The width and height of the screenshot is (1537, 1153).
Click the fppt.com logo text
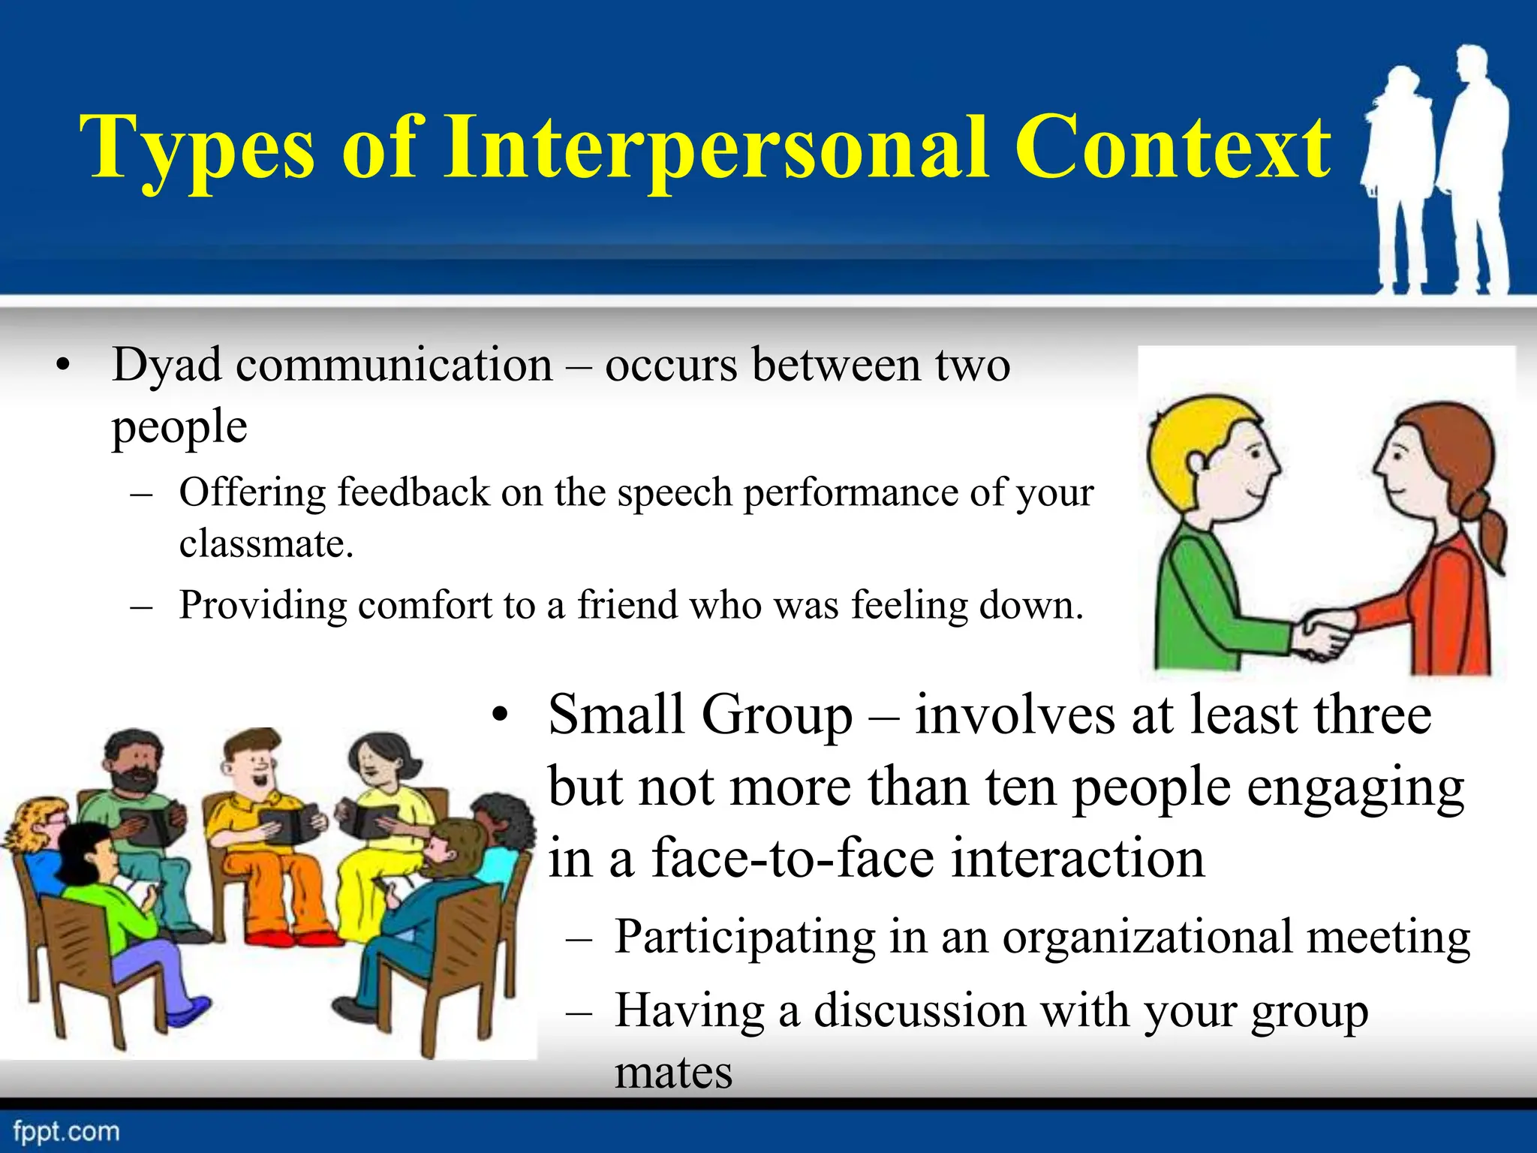(x=66, y=1131)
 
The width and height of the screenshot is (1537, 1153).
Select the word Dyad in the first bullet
(x=167, y=366)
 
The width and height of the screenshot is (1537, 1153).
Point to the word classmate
(x=265, y=543)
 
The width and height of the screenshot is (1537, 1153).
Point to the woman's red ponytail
(x=1489, y=525)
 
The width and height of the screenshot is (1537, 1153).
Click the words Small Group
(x=700, y=715)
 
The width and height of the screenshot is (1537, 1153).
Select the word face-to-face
(x=793, y=858)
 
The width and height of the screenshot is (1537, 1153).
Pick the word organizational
(x=1148, y=937)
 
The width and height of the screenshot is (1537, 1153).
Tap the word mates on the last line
(x=673, y=1072)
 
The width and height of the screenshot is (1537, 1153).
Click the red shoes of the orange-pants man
(x=293, y=938)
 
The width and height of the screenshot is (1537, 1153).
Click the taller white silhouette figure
(x=1472, y=165)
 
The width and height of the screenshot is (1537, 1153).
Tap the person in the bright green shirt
(x=101, y=893)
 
